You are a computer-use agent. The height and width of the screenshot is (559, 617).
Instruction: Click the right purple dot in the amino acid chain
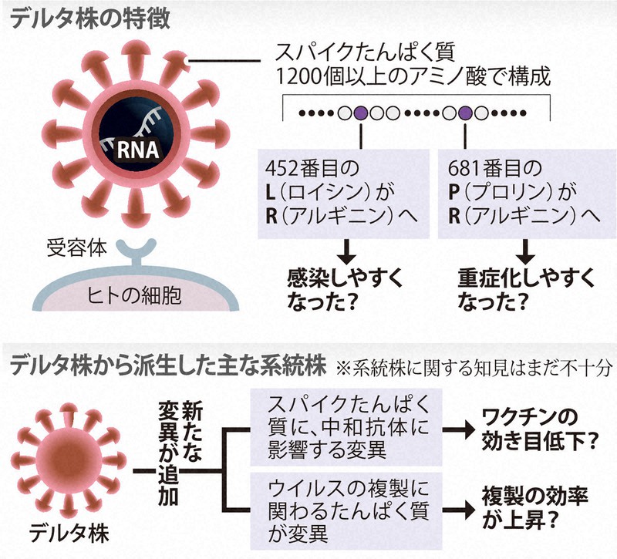coord(465,113)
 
